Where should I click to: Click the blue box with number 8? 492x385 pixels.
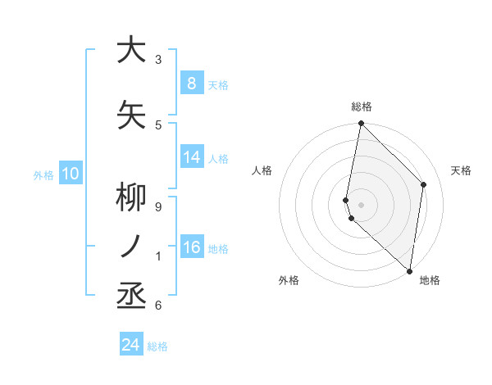tap(191, 83)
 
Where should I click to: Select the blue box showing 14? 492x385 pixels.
tap(192, 157)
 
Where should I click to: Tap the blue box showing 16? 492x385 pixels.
tap(192, 247)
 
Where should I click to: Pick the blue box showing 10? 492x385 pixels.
tap(71, 174)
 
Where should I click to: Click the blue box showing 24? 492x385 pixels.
tap(131, 345)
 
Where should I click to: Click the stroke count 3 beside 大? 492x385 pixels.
tap(158, 60)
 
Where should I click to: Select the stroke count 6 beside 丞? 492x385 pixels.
tap(158, 306)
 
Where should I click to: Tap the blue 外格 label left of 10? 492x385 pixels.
tap(43, 174)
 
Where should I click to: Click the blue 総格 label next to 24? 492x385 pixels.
tap(157, 346)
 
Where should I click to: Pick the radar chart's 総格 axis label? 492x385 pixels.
tap(362, 106)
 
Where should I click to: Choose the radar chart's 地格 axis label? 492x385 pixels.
tap(430, 280)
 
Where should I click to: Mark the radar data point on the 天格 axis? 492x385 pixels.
tap(424, 184)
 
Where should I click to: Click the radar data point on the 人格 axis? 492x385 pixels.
tap(346, 200)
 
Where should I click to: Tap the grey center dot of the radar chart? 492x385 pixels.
tap(362, 204)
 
